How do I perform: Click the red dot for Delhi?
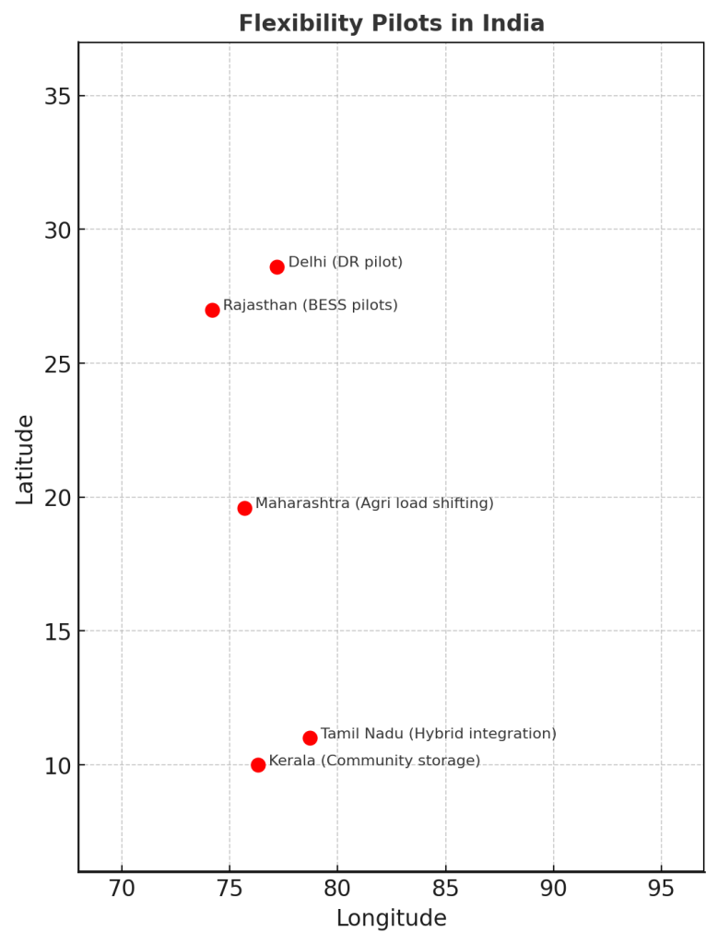click(277, 267)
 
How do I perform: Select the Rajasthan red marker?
click(212, 310)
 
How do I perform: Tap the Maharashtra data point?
click(244, 508)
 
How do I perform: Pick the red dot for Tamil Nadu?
click(310, 737)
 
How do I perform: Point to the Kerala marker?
click(258, 764)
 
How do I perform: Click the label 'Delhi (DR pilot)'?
click(346, 263)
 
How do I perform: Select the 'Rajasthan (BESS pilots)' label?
click(311, 305)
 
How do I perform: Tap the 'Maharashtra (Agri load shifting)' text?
click(374, 503)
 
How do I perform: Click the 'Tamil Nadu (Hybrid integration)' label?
click(439, 734)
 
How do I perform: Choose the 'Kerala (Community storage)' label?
click(374, 761)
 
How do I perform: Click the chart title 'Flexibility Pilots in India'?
click(392, 24)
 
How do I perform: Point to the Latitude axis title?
click(25, 459)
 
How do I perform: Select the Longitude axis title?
click(391, 918)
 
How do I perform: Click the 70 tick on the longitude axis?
click(122, 889)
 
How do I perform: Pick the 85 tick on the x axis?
click(445, 889)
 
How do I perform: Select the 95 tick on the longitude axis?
click(661, 889)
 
